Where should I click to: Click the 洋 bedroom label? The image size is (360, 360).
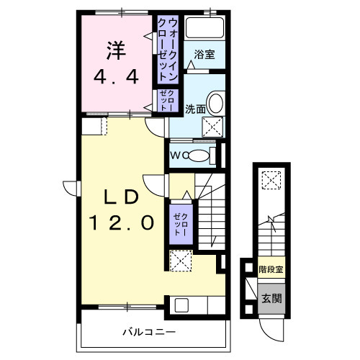[x=115, y=50]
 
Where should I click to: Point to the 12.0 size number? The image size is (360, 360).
[x=122, y=224]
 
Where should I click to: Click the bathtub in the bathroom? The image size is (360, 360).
[x=204, y=30]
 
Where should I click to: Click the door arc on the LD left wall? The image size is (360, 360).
[x=71, y=186]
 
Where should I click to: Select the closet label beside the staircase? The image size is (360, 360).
[x=179, y=224]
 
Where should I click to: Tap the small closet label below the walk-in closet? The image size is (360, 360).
[x=170, y=101]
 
